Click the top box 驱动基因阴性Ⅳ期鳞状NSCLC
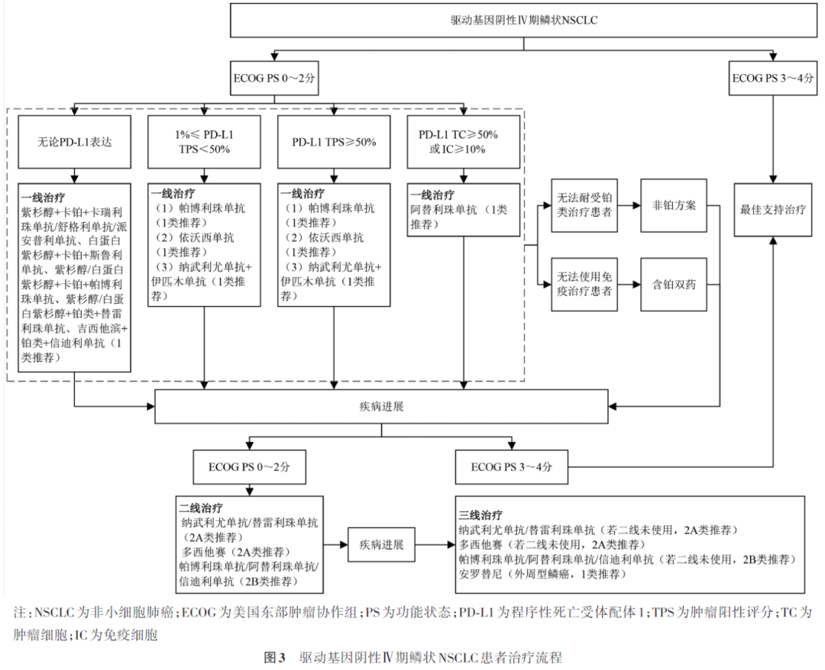pyautogui.click(x=523, y=21)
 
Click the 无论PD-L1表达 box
pyautogui.click(x=74, y=142)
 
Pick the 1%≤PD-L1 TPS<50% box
pyautogui.click(x=203, y=142)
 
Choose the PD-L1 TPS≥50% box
pyautogui.click(x=334, y=142)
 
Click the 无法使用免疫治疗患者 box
pyautogui.click(x=584, y=284)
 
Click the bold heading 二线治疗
pyautogui.click(x=202, y=507)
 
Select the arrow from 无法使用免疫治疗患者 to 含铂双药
pyautogui.click(x=629, y=284)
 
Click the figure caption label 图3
pyautogui.click(x=273, y=656)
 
